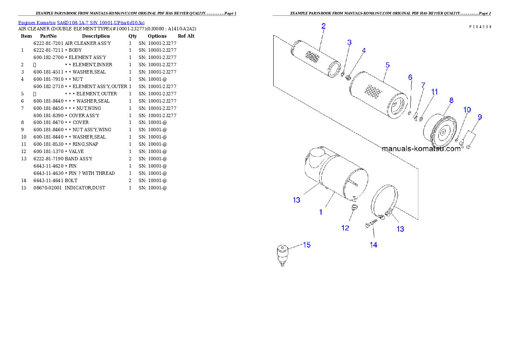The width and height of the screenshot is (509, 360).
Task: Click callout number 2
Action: coord(323,26)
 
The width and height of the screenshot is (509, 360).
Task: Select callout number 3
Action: coord(349,42)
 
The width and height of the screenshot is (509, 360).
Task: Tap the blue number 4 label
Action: coord(364,50)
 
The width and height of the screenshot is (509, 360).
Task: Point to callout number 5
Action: coord(388,65)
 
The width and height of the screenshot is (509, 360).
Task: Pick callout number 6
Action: coord(410,77)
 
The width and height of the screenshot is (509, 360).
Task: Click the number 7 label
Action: coord(423,85)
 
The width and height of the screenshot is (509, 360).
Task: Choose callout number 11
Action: coord(435,91)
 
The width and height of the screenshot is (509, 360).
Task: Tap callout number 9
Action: coord(479,117)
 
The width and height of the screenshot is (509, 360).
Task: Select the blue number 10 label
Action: coord(467,110)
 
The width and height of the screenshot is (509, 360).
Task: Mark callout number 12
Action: coord(345,228)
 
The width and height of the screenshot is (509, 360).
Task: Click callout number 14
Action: coord(373,245)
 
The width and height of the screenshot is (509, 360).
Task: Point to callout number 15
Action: coord(307,245)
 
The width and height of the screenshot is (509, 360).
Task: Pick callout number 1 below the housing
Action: coord(321,212)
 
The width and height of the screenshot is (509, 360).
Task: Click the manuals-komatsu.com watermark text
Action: coord(421,149)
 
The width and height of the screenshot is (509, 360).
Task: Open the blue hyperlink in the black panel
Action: coord(81,22)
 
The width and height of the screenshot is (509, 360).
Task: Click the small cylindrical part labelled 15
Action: coord(282,253)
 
